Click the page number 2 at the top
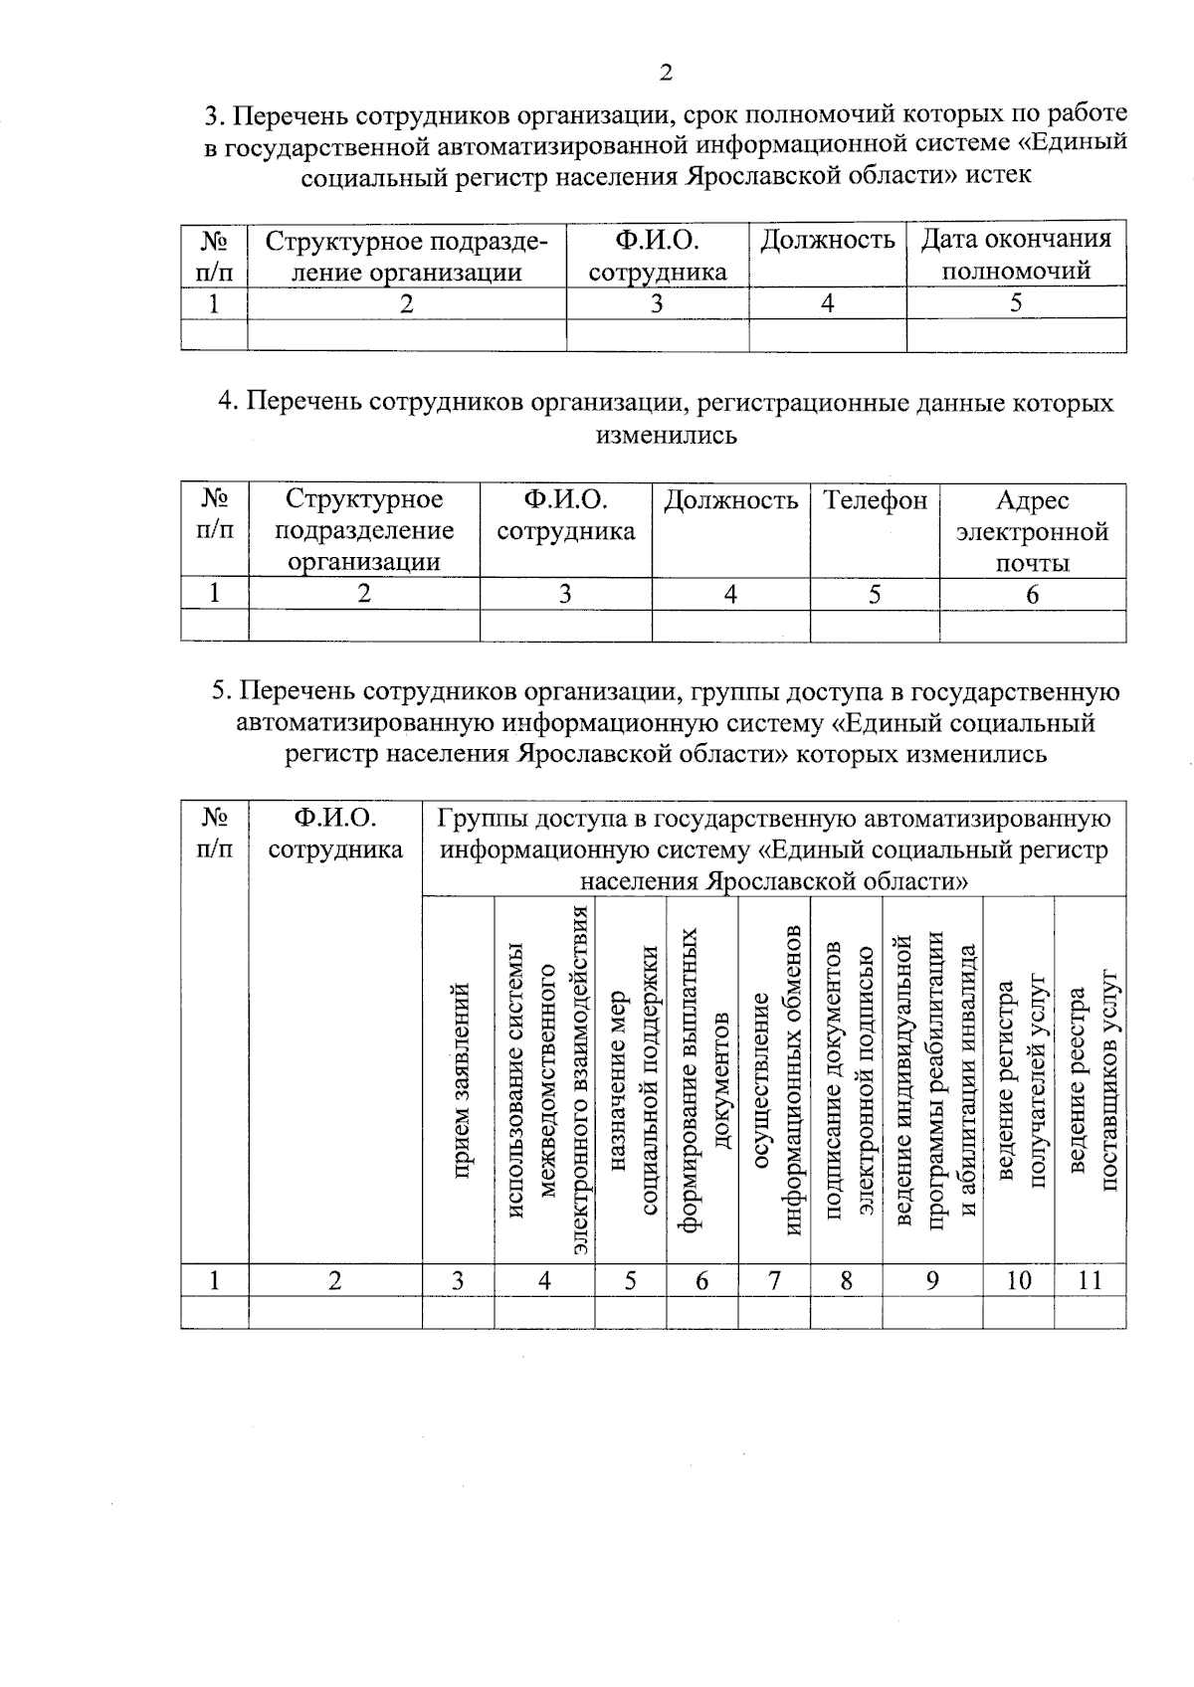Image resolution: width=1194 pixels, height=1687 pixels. point(665,73)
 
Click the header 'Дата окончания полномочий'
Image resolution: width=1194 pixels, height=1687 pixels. point(1016,255)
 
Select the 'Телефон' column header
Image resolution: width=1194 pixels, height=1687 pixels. point(875,501)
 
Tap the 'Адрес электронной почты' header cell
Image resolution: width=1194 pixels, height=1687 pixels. point(1032,531)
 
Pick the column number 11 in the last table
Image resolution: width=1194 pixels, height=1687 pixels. point(1091,1280)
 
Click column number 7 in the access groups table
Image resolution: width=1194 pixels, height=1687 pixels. point(774,1280)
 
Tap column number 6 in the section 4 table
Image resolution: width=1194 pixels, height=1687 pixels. point(1032,595)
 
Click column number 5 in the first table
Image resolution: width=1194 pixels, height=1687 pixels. point(1015,304)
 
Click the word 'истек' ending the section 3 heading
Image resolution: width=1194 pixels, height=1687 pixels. point(998,175)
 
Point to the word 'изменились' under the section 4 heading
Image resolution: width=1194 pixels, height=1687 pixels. point(666,435)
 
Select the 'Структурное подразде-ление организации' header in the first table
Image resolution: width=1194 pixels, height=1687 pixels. point(406,255)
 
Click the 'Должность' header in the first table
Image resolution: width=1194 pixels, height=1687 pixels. point(827,241)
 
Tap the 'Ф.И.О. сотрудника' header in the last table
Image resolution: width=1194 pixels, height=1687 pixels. point(335,834)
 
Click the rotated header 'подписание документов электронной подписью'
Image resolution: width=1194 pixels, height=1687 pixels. point(849,1079)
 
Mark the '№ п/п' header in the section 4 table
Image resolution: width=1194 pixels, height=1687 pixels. point(215,514)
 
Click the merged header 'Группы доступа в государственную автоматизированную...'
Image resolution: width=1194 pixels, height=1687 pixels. point(774,849)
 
